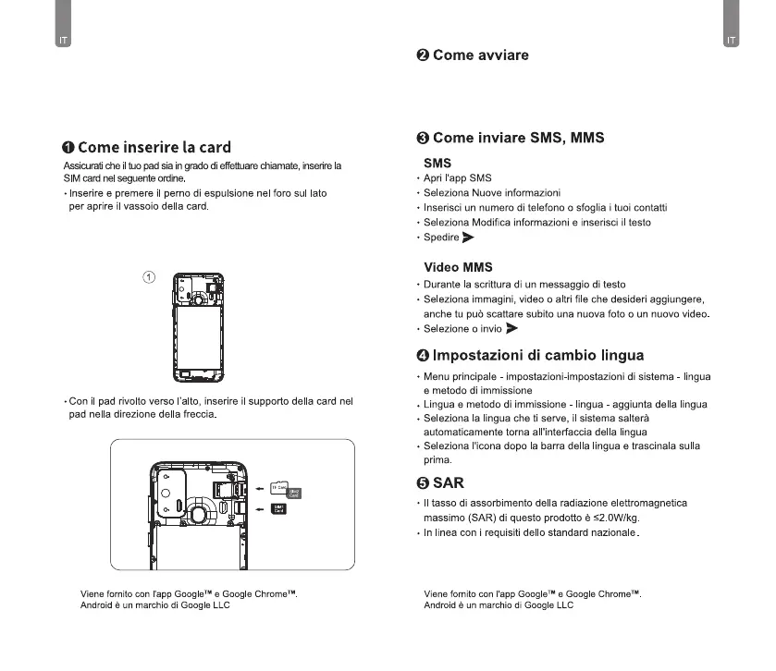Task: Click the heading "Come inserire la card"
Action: click(x=154, y=148)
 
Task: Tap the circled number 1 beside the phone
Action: click(x=148, y=276)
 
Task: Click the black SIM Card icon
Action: click(x=278, y=507)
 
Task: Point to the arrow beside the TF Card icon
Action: click(x=259, y=488)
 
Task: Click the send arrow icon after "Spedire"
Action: click(x=469, y=238)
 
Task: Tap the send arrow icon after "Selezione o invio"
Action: click(x=512, y=328)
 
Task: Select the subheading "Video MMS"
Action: click(x=457, y=267)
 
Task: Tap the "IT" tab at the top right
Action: click(x=732, y=41)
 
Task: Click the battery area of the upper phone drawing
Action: click(x=196, y=333)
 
